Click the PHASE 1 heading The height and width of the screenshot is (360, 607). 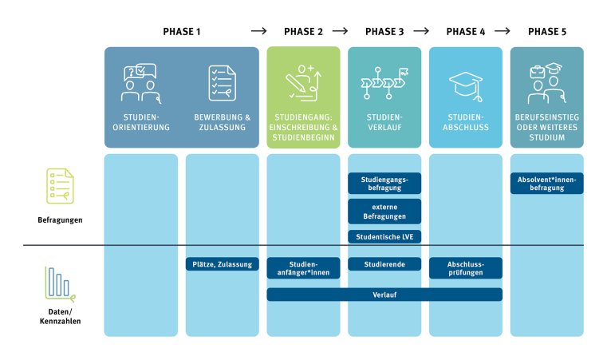tap(182, 32)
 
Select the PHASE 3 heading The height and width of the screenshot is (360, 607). tap(384, 32)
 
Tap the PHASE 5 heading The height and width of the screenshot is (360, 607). tap(547, 32)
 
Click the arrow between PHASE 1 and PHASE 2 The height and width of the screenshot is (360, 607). tap(258, 32)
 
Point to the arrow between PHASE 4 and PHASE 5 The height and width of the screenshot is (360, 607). tap(503, 32)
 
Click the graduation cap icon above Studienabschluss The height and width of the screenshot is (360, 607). tap(466, 83)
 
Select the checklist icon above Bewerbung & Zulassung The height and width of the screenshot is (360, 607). tap(223, 83)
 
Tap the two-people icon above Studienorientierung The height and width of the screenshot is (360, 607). tap(141, 83)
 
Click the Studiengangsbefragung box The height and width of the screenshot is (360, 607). tap(384, 184)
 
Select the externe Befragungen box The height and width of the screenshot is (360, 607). tap(384, 211)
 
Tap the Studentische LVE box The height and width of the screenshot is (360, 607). tap(384, 236)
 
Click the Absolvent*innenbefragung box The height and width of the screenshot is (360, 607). tap(547, 184)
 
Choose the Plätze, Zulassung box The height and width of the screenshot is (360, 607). tap(223, 264)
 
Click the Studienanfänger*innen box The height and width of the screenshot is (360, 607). tap(303, 268)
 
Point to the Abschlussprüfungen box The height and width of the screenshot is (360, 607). tap(466, 268)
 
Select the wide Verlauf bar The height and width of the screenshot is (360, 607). tap(384, 295)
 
